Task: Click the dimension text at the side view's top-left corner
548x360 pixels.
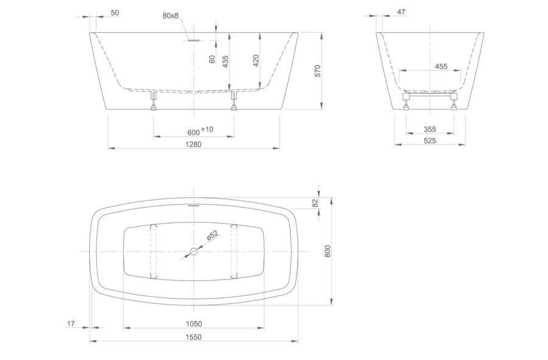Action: [113, 11]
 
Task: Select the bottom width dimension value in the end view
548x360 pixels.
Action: [430, 130]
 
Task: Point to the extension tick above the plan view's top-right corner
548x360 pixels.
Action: [318, 189]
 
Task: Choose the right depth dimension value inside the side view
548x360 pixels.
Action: [255, 60]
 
